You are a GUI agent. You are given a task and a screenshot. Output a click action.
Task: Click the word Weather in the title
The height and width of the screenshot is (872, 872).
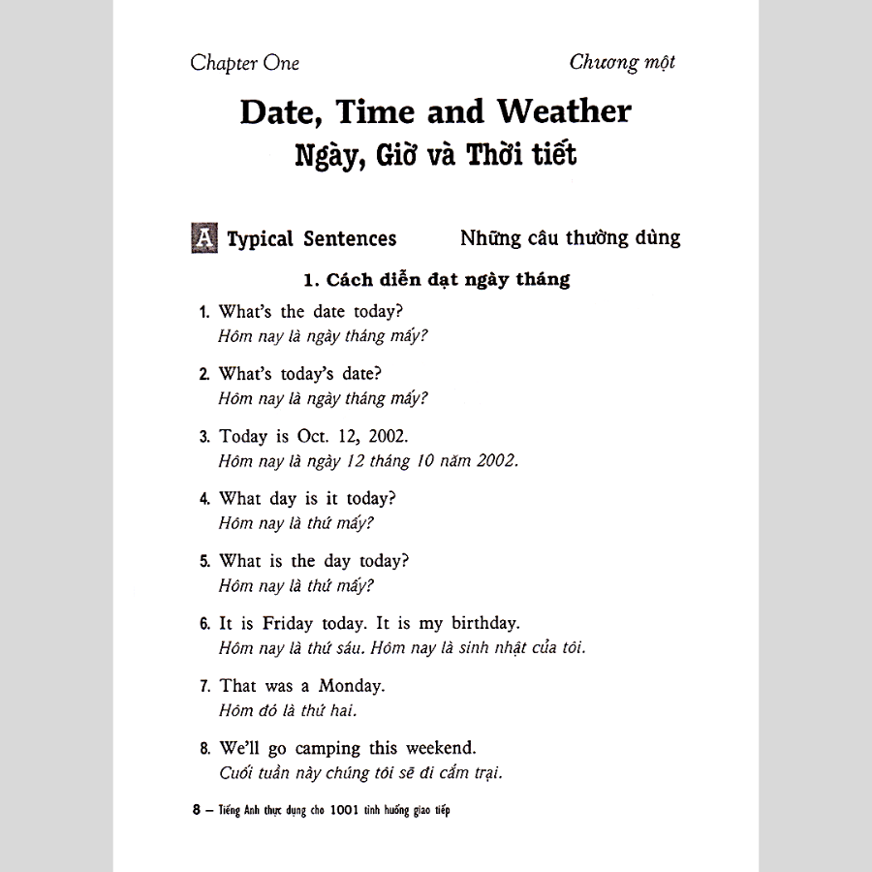click(564, 112)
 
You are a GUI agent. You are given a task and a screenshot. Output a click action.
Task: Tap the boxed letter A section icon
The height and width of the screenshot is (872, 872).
click(204, 237)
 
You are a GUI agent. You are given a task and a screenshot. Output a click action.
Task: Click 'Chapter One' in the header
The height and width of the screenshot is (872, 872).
click(245, 64)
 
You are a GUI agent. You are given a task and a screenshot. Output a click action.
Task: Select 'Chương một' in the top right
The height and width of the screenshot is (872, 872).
click(622, 63)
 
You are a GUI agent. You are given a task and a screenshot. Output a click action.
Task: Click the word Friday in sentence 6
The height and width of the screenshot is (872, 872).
click(298, 623)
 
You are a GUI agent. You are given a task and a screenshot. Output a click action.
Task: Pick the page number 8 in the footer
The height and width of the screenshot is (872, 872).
click(197, 811)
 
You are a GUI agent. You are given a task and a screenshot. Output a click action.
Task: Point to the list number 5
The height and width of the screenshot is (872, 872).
click(204, 562)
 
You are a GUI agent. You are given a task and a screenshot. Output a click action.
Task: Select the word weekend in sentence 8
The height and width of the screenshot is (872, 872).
click(443, 749)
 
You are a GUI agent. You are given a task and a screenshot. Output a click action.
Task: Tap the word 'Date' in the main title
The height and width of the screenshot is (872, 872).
click(281, 112)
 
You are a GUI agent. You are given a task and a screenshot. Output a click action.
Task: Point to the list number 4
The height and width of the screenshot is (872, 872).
click(204, 499)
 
